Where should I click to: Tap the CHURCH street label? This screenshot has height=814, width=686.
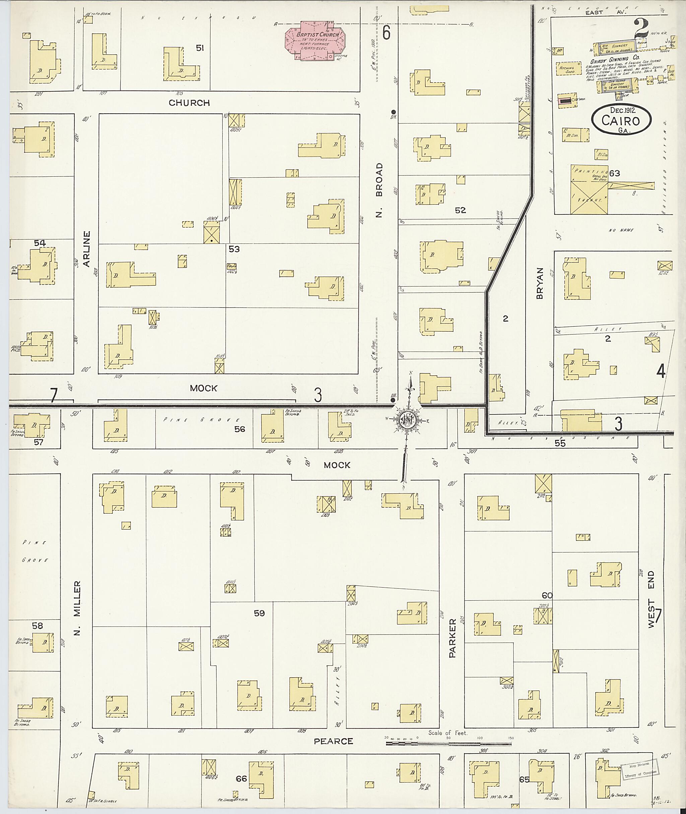coord(189,103)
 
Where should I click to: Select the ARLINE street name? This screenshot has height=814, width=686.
coord(86,249)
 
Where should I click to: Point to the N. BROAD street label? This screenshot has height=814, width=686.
coord(380,190)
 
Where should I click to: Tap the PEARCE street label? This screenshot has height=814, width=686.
coord(333,741)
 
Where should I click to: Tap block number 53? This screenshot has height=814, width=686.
coord(234,249)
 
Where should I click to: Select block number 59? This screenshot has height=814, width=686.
coord(259,613)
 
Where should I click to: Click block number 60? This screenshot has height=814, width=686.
coord(547,595)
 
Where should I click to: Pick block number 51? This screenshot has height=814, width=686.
coord(200,48)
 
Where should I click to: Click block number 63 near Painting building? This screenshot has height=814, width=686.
coord(615,173)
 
